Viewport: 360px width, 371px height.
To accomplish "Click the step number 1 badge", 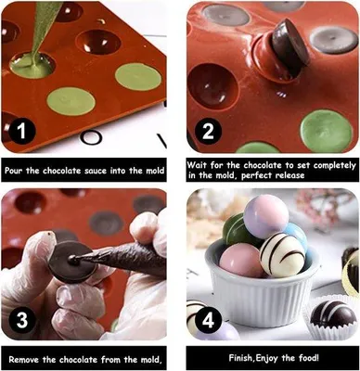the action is pyautogui.click(x=21, y=131).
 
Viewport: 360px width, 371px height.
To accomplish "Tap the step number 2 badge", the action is pyautogui.click(x=208, y=131).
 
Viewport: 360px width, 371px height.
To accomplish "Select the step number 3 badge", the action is pyautogui.click(x=22, y=319).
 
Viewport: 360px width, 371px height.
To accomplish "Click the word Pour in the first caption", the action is pyautogui.click(x=14, y=171).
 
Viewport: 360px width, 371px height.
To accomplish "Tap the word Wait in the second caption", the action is pyautogui.click(x=197, y=165).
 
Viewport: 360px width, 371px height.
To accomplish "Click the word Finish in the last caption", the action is pyautogui.click(x=241, y=358).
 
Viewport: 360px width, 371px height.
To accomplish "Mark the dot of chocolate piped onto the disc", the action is pyautogui.click(x=73, y=257).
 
